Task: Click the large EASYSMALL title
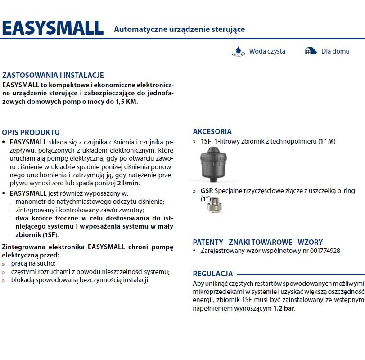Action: point(53,28)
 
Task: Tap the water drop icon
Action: point(238,51)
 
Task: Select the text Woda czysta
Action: point(267,51)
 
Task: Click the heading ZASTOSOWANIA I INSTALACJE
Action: point(53,75)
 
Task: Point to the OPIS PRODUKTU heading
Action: point(31,132)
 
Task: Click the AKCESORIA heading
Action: point(212,131)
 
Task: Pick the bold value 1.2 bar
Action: point(284,308)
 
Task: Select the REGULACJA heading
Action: point(212,273)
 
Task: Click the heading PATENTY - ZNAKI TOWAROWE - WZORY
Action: point(257,242)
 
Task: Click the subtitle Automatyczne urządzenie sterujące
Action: point(179,29)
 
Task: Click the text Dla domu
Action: point(335,51)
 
